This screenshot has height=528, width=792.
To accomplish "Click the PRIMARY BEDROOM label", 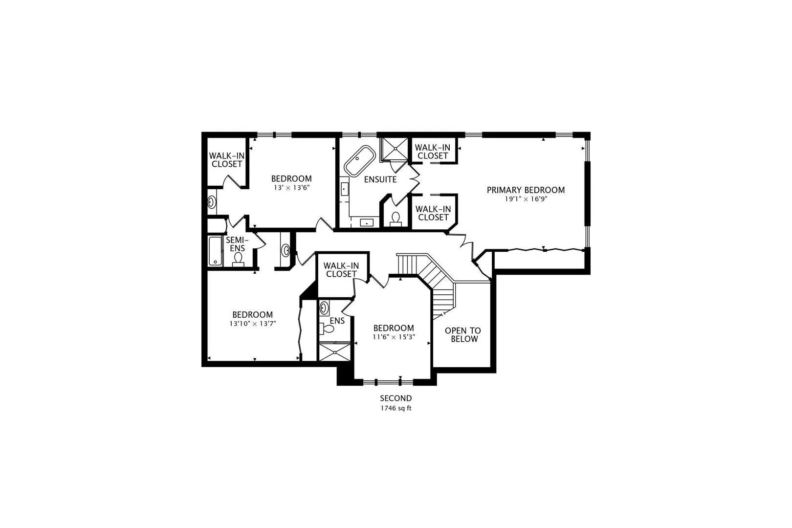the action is click(x=526, y=190).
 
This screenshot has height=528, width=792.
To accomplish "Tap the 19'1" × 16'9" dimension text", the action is click(x=526, y=199).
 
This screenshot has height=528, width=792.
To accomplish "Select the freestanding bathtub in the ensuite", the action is click(x=360, y=160).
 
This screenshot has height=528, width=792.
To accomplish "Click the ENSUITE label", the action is click(x=380, y=179).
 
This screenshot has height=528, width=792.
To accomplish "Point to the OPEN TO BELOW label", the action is click(x=463, y=334).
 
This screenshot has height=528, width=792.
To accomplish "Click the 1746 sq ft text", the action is click(x=396, y=408).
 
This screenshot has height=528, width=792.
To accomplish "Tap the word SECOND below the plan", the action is click(x=396, y=398).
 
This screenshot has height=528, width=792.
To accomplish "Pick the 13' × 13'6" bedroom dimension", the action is click(x=292, y=188).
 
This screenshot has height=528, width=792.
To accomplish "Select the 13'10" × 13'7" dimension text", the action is click(x=252, y=324).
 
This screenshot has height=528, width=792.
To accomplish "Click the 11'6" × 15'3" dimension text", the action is click(x=394, y=337).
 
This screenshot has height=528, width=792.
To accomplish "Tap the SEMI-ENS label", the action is click(x=237, y=244).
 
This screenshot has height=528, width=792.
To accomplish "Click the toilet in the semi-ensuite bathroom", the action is click(x=238, y=259).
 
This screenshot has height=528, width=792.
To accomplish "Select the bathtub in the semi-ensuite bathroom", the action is click(x=215, y=251).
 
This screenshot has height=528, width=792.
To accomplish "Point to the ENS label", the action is click(x=337, y=321).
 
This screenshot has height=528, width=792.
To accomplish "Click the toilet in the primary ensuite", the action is click(x=396, y=219).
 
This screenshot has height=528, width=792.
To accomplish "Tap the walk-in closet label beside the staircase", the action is click(x=341, y=270).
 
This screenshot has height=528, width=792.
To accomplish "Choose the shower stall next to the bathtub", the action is click(x=394, y=149).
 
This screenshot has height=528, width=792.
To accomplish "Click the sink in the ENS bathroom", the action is click(x=324, y=308).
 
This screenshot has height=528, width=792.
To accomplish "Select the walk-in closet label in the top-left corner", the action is click(x=227, y=160).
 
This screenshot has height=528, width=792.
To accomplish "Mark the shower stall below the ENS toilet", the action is click(x=334, y=352).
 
